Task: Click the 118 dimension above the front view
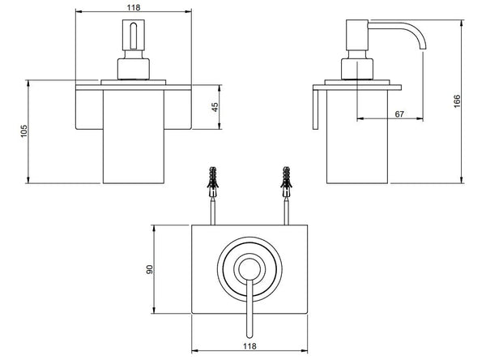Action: point(134,7)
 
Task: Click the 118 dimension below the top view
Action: point(249,346)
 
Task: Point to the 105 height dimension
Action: point(23,131)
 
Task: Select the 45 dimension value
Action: point(215,107)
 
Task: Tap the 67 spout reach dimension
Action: point(399,114)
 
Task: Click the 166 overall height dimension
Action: point(457,101)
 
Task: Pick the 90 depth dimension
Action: point(149,269)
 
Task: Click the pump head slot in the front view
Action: point(134,36)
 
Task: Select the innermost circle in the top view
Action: point(249,268)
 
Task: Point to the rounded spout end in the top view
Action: point(249,335)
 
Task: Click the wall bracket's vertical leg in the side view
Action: point(316,109)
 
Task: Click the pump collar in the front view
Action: point(134,69)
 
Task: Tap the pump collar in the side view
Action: point(356,69)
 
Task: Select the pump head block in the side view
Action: point(357,35)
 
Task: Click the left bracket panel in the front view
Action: point(89,109)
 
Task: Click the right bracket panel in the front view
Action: point(177,109)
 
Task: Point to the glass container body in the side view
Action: point(357,136)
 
